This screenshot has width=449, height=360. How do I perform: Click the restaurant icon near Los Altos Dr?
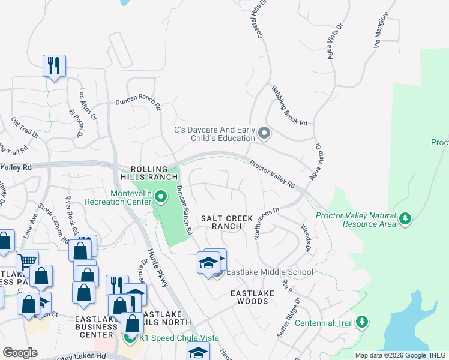(x=54, y=65)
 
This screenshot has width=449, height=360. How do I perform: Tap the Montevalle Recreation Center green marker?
(x=160, y=196)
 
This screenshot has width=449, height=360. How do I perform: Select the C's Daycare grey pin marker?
(x=264, y=132)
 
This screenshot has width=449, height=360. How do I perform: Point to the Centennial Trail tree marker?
(x=361, y=322)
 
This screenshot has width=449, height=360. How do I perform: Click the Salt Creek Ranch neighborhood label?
(x=229, y=222)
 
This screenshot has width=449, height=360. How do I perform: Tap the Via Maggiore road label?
(x=382, y=37)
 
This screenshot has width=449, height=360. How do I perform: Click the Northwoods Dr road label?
(x=267, y=223)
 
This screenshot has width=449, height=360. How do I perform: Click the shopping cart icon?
(x=27, y=261)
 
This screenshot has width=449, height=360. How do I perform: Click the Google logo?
(x=20, y=353)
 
